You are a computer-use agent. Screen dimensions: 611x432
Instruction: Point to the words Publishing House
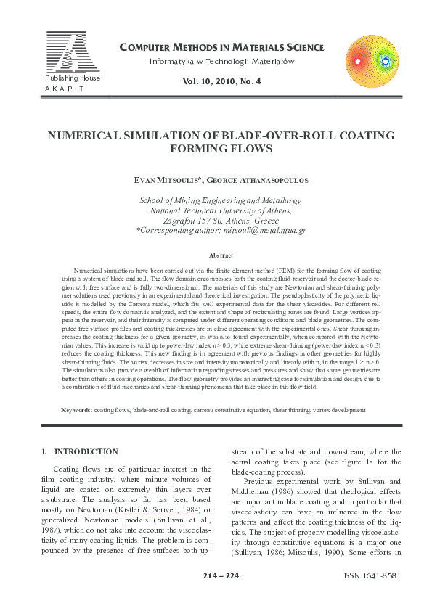[x=71, y=78]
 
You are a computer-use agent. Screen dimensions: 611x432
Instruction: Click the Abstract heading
[x=221, y=255]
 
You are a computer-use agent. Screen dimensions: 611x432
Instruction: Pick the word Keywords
[x=76, y=410]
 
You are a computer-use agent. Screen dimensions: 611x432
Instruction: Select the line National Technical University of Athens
[x=221, y=210]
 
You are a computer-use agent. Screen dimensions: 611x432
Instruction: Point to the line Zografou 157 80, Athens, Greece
[x=221, y=220]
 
